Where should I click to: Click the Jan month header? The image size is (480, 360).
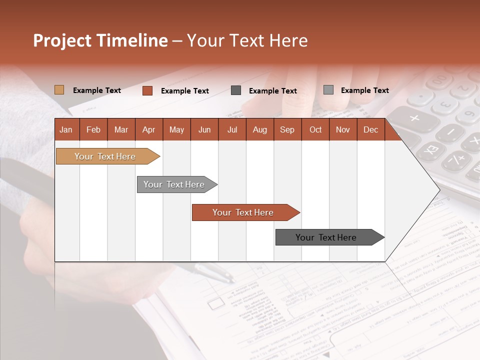66,129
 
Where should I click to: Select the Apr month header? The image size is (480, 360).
148,129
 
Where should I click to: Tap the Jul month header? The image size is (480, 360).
232,129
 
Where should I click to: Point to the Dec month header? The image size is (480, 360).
370,129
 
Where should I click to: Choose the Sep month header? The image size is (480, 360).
287,129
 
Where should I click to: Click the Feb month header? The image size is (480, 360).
93,129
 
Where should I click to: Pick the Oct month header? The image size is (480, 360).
315,129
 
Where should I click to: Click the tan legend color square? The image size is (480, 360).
59,90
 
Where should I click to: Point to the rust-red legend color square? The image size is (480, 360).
147,90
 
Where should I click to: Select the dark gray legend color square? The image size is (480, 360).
236,90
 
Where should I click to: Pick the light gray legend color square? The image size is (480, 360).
328,90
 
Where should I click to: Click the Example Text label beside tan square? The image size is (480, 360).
97,90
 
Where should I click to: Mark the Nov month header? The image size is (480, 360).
343,129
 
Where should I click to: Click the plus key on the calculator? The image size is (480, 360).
414,118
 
